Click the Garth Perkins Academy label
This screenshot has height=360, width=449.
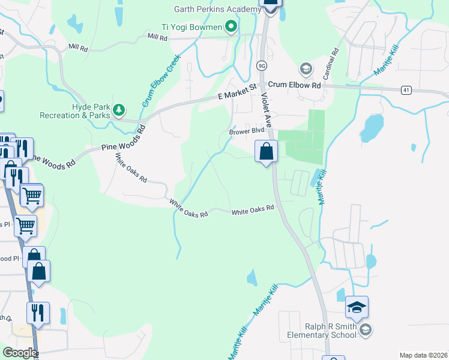[x=215, y=9]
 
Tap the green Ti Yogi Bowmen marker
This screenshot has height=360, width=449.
[x=230, y=26]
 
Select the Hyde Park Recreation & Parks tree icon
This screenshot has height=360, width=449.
[x=119, y=109]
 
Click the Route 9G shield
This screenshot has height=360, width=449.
[x=261, y=65]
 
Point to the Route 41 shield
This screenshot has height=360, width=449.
[x=406, y=90]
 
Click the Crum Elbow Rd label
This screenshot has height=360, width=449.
[x=295, y=85]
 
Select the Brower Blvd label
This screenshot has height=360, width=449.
[x=246, y=131]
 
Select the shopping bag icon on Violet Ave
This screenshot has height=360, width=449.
[x=266, y=151]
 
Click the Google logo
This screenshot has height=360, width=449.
[x=20, y=353]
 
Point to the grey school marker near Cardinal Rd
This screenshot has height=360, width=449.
[x=306, y=69]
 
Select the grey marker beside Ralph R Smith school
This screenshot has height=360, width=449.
[x=365, y=329]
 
